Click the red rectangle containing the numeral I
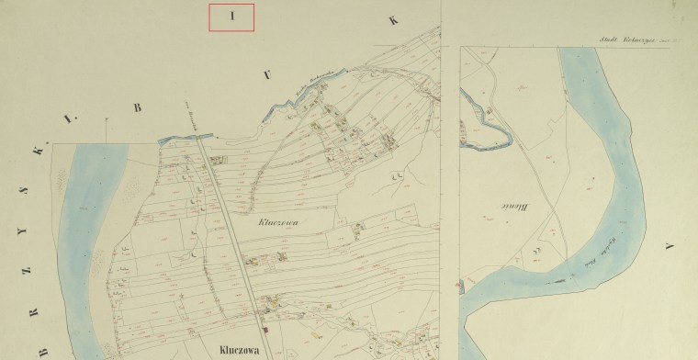(x=231, y=17)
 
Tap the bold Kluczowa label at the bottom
(x=243, y=349)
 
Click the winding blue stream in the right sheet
(x=484, y=126)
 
